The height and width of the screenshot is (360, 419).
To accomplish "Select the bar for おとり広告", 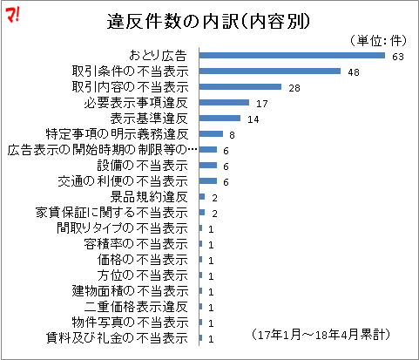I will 292,56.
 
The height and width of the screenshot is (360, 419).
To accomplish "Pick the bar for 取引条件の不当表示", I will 269,71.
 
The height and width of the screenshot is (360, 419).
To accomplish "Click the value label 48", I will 354,71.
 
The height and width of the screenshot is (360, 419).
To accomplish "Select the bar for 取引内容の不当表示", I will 240,87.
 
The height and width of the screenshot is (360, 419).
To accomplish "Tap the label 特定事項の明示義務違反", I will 117,134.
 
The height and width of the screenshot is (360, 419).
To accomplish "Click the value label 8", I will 233,134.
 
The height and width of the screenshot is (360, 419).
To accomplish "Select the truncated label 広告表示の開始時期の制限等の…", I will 97,150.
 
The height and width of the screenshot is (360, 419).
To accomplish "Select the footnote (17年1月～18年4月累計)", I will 320,335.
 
